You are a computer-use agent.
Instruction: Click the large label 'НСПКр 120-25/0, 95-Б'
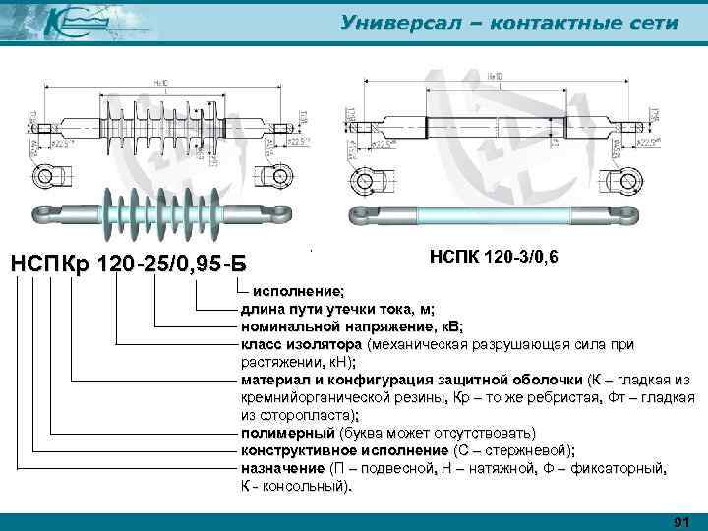pyautogui.click(x=128, y=265)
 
